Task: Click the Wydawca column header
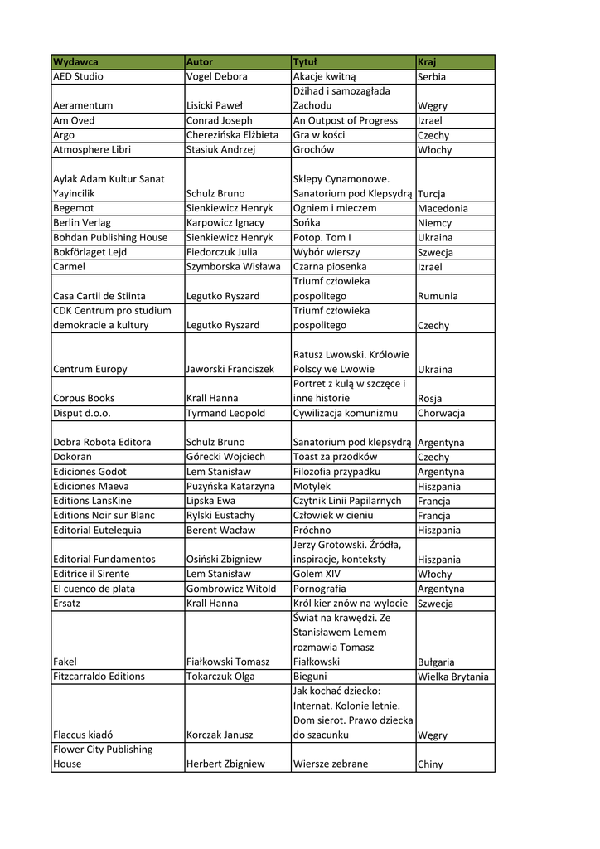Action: pos(75,62)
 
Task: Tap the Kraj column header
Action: pos(427,62)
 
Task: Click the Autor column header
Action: pos(200,62)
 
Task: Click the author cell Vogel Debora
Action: pos(216,77)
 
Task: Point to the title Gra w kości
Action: pos(319,135)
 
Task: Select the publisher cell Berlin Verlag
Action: pos(82,223)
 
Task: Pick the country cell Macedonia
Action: pos(443,209)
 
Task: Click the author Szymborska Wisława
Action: pos(233,267)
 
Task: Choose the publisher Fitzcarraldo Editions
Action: pos(99,677)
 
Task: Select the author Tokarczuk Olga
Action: pos(220,677)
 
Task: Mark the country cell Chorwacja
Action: pos(442,413)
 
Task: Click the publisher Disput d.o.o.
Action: pos(82,413)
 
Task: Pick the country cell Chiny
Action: pos(430,764)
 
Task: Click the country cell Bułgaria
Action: pos(436,662)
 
